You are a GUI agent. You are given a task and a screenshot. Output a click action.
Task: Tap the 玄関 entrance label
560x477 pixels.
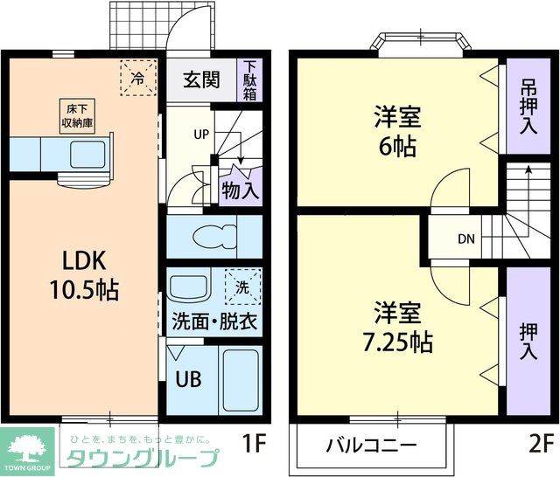200,79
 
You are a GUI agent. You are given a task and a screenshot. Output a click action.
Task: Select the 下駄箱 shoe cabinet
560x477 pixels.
250,79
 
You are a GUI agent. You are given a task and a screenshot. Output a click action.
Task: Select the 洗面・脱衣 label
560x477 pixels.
213,321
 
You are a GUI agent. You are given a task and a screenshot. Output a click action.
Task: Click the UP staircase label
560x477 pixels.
200,135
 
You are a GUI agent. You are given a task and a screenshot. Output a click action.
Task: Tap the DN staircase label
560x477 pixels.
465,238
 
